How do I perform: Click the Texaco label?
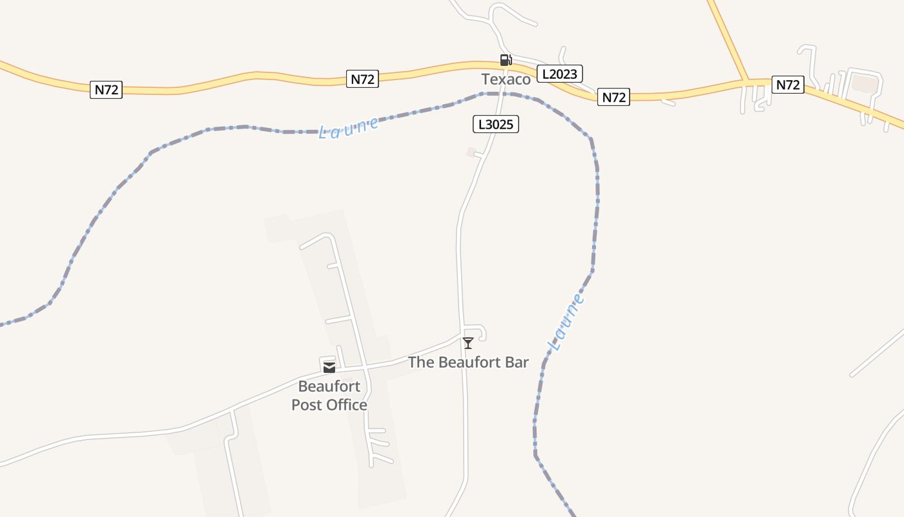point(506,79)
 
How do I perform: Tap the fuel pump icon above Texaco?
point(506,60)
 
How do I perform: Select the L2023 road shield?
point(559,74)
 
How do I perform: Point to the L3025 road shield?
point(496,124)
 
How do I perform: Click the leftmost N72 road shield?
point(106,90)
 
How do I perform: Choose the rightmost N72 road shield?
point(788,85)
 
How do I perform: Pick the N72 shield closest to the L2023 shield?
point(613,97)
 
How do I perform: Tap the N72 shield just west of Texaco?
point(362,79)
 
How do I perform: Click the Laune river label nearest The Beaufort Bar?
point(566,322)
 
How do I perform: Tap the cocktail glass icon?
point(468,343)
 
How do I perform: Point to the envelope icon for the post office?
point(329,367)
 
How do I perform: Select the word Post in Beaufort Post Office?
point(306,405)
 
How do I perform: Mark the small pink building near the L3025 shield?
point(471,152)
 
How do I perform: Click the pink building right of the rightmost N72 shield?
point(865,83)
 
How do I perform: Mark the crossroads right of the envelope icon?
point(366,366)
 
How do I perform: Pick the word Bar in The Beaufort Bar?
point(517,363)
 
